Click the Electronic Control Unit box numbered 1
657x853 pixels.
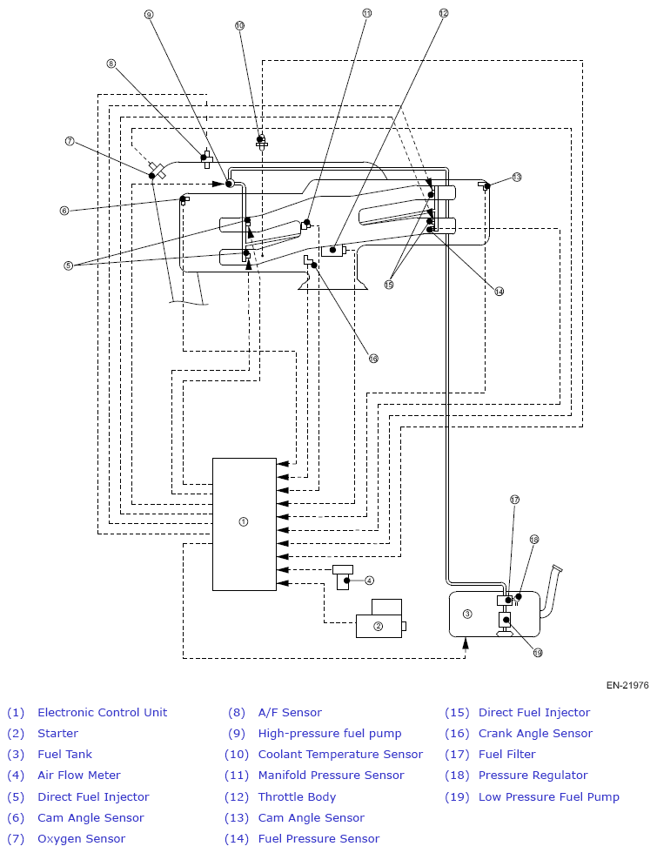(245, 524)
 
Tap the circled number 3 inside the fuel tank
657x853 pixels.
(467, 615)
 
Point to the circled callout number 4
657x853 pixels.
(369, 581)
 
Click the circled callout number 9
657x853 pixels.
(149, 15)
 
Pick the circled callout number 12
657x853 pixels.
(443, 13)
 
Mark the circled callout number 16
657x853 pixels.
(373, 359)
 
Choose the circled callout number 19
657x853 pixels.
(538, 653)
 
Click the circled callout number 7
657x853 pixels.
(70, 141)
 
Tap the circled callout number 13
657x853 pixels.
(517, 177)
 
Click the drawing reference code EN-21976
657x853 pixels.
(627, 686)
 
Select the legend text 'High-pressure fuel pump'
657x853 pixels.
(330, 733)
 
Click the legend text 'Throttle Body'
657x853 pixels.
(297, 797)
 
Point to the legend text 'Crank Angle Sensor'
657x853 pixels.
(536, 733)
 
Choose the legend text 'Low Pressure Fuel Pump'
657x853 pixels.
(549, 797)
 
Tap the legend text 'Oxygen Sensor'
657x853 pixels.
(82, 839)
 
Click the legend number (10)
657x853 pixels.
(237, 755)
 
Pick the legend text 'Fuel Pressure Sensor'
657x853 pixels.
(318, 839)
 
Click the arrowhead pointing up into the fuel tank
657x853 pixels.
(466, 643)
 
